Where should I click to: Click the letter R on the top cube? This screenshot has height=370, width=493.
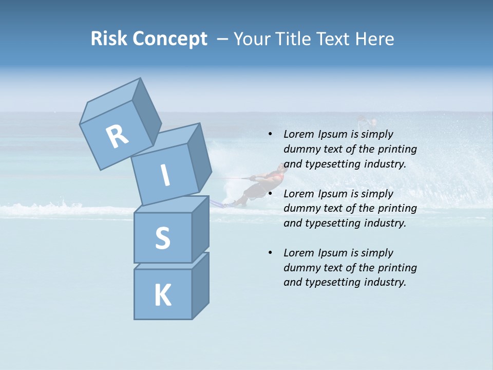[x=117, y=136]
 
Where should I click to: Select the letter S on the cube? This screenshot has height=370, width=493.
[x=162, y=238]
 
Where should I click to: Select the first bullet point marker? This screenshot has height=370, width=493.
[x=270, y=134]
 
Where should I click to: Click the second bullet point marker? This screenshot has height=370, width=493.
[x=270, y=194]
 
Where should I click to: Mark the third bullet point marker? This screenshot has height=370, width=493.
[x=270, y=253]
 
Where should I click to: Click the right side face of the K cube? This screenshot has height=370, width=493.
[x=200, y=286]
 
